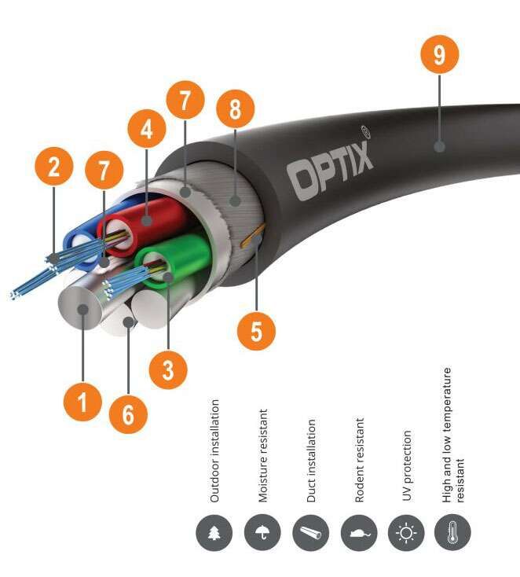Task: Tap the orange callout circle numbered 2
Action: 54,167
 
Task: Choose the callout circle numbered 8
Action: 234,109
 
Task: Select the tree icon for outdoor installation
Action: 214,534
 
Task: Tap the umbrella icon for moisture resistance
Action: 262,534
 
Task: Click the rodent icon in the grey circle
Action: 357,534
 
